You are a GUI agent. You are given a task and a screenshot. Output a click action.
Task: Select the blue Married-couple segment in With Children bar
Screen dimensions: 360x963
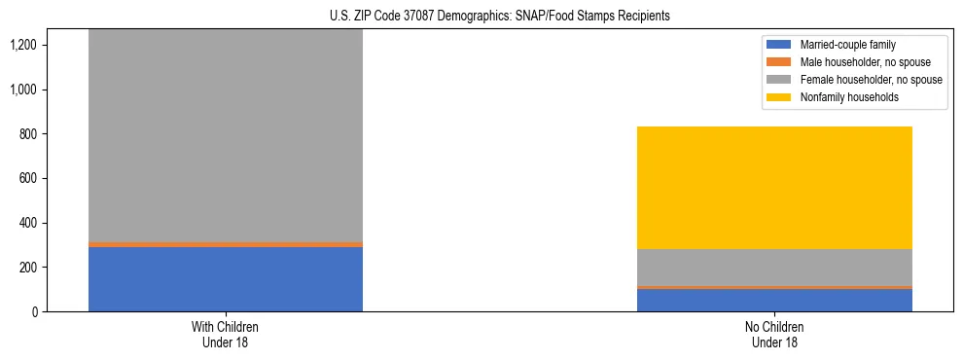coord(225,279)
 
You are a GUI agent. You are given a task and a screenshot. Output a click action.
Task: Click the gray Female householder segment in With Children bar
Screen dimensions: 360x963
coord(225,136)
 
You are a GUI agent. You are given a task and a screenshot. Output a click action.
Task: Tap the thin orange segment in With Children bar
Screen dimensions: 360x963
coord(225,244)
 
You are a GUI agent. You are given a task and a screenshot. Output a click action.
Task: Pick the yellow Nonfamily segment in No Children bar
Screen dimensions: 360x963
coord(774,188)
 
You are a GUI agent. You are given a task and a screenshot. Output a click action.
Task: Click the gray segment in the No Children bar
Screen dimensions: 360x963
coord(774,268)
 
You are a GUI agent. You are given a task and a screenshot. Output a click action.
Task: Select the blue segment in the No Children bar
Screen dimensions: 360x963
coord(774,300)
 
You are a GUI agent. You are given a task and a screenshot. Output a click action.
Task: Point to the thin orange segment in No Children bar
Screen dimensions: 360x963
coord(774,287)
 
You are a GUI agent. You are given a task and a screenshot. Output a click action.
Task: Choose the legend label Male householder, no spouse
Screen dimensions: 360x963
coord(853,62)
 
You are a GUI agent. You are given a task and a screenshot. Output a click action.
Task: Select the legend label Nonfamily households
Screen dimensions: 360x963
coord(841,97)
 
